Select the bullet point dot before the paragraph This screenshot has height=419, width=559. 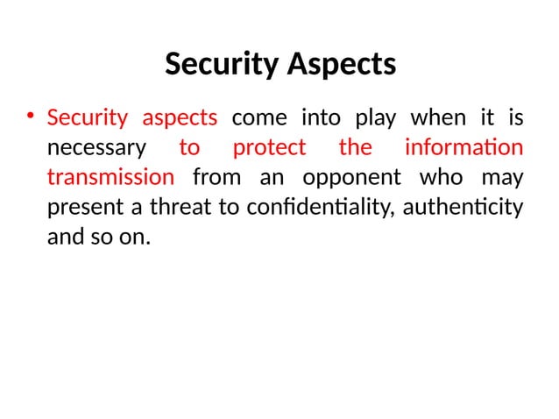[x=29, y=117]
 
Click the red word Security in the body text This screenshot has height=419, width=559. [x=87, y=117]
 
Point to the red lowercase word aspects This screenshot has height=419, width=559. [x=180, y=118]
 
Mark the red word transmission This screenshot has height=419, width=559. [x=110, y=177]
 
